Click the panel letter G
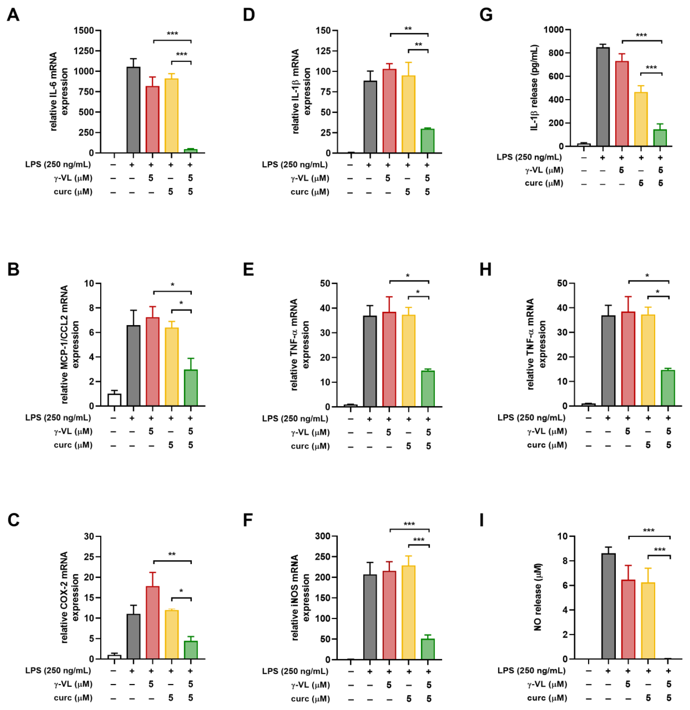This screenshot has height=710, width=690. [486, 15]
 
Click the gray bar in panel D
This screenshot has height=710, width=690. [370, 117]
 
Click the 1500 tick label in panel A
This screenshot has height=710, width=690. [84, 31]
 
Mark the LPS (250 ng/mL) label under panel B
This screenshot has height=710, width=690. [58, 418]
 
